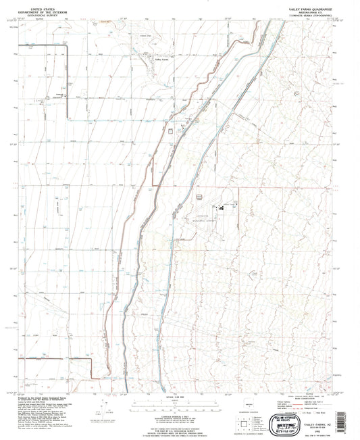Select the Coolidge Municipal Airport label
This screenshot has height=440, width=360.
click(203, 215)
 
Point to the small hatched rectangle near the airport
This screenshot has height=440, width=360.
click(199, 196)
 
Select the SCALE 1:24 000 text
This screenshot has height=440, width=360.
click(179, 397)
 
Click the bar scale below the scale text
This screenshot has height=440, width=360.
click(179, 404)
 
